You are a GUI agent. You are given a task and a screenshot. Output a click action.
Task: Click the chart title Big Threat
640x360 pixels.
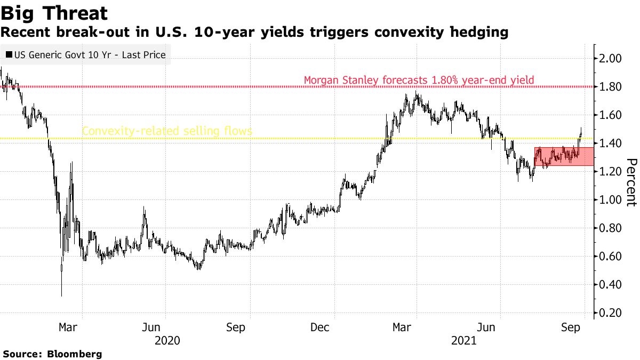54,13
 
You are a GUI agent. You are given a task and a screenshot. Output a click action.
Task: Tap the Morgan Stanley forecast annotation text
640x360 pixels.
419,81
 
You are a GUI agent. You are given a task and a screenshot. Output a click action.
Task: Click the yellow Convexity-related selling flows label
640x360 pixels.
166,131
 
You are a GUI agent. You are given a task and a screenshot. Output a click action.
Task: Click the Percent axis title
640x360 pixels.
631,182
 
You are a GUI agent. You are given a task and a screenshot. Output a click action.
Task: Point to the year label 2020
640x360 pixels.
167,340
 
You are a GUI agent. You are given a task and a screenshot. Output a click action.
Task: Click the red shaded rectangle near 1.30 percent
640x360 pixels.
563,156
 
